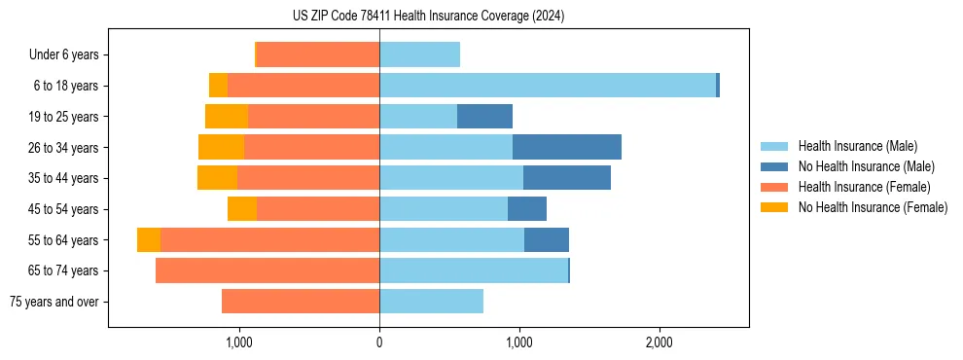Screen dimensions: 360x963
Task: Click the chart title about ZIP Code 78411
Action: click(428, 16)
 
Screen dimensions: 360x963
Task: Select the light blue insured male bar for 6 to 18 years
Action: click(548, 86)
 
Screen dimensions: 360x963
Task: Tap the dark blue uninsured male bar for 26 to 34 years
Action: click(567, 147)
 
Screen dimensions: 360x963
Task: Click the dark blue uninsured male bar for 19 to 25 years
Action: click(484, 117)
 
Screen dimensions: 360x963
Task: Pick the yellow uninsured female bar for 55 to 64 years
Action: click(149, 240)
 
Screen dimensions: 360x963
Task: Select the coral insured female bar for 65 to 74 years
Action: click(267, 270)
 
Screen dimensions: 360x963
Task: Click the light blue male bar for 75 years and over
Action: click(431, 302)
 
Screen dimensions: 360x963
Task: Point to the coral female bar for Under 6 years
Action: click(318, 55)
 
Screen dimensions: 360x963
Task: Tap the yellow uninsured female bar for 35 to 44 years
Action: click(217, 178)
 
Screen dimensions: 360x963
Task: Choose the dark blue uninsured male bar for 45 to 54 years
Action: click(526, 209)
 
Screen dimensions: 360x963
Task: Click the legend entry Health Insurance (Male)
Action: click(857, 146)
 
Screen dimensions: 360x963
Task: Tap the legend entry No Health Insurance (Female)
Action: click(873, 207)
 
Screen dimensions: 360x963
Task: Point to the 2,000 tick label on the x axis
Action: click(660, 342)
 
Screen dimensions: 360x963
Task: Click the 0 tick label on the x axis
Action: click(379, 342)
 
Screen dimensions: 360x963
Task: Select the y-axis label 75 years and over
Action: click(53, 302)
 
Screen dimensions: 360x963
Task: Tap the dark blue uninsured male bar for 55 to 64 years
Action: click(547, 240)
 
